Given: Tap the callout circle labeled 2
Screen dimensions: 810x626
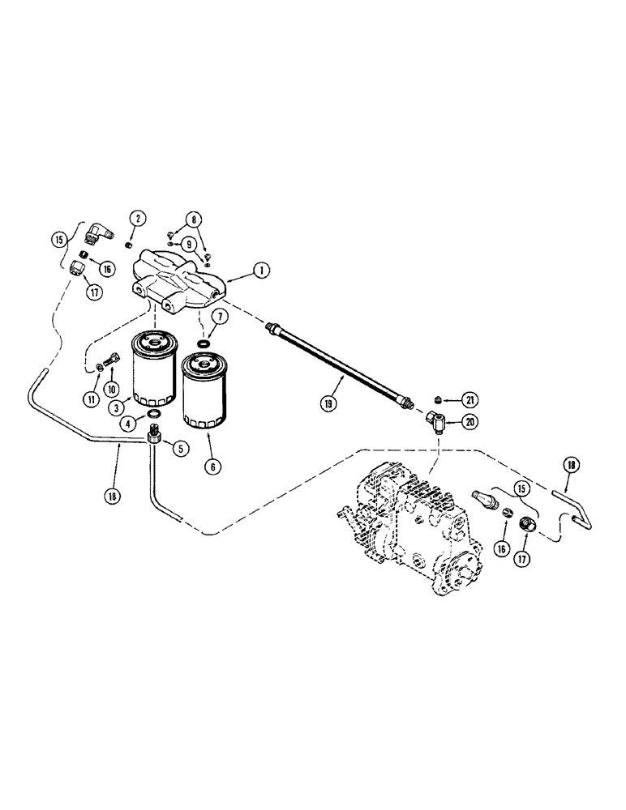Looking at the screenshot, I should click(139, 217).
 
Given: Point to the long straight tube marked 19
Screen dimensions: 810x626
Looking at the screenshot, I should click(341, 364).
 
